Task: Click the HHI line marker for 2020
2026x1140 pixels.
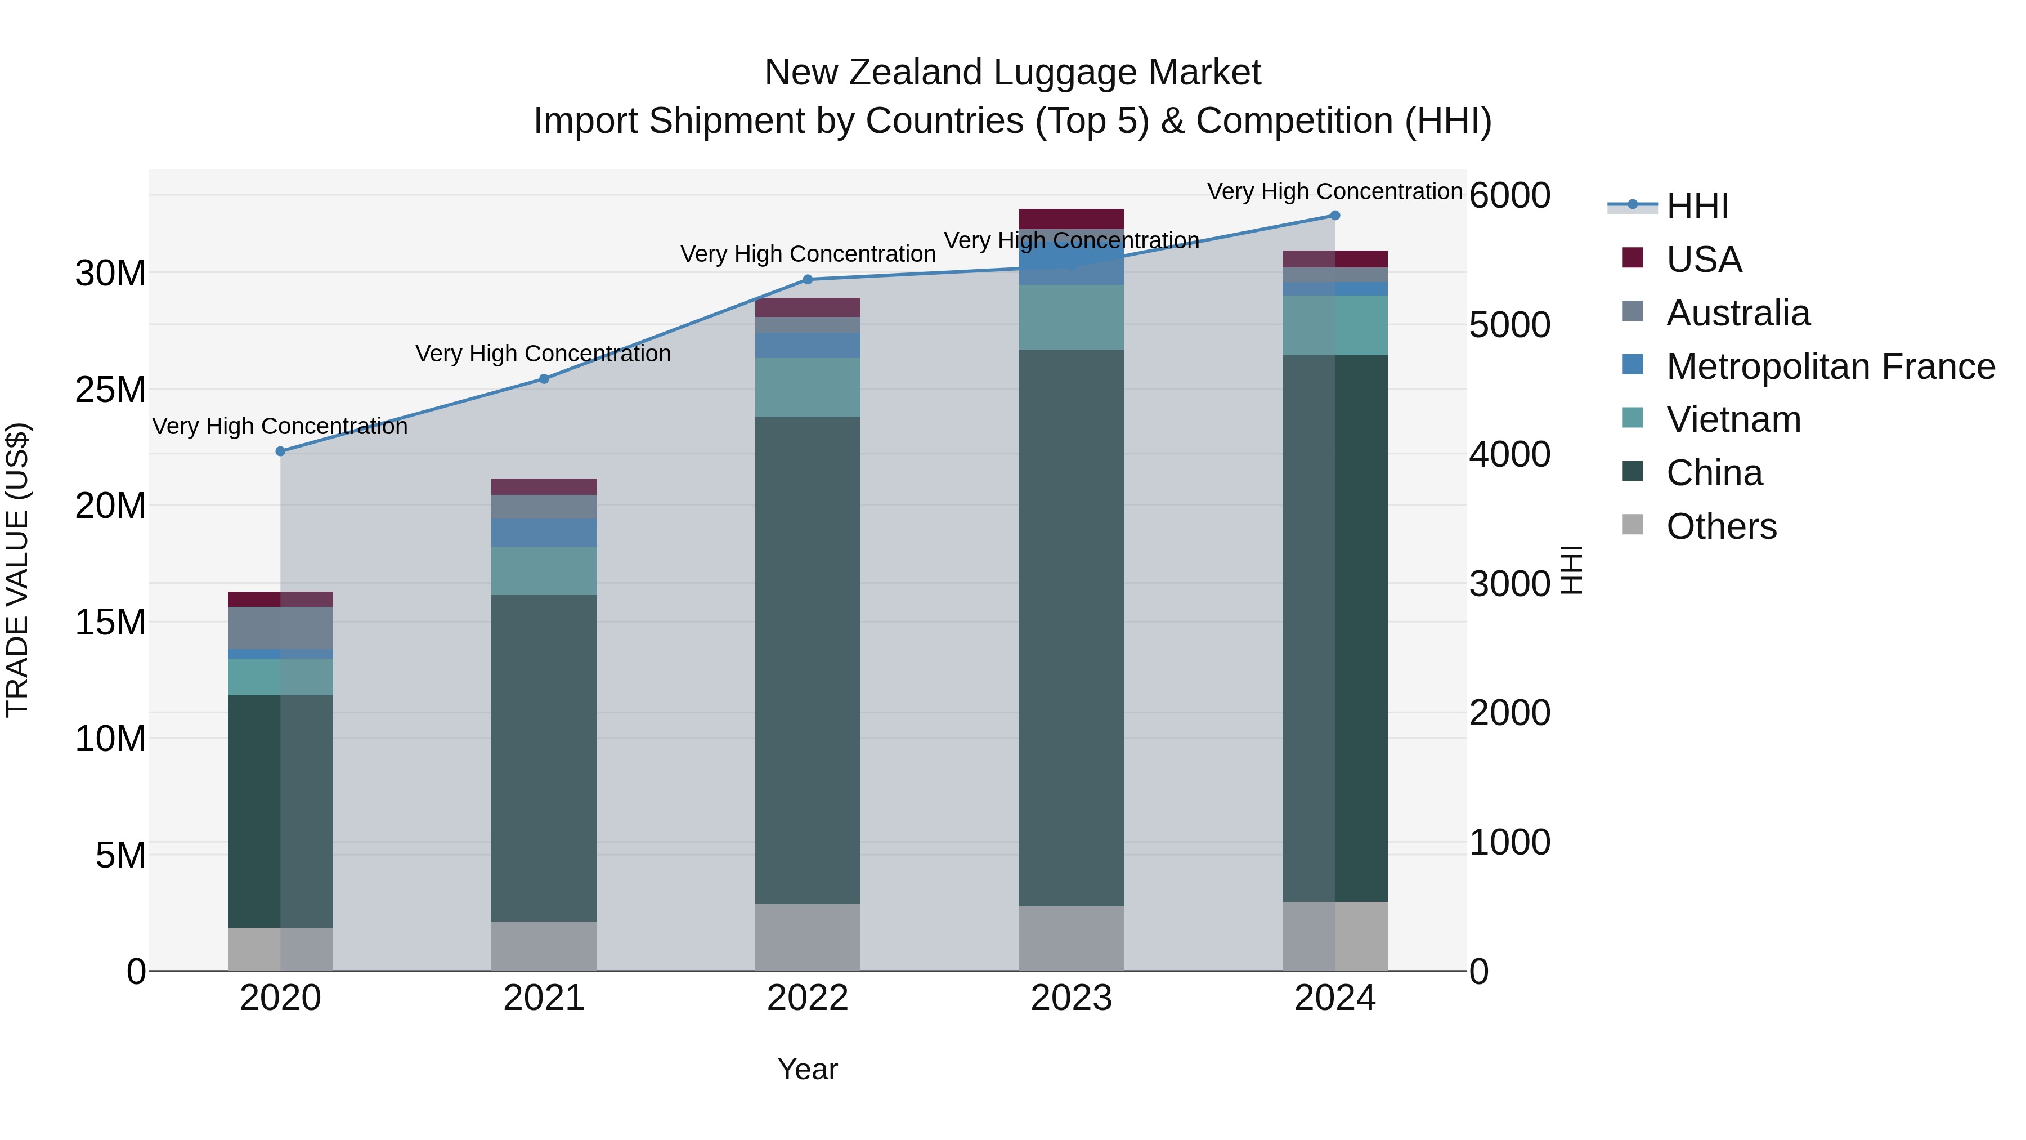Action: [280, 451]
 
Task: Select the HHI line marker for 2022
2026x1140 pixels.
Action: [807, 279]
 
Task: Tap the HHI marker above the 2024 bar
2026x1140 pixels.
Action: [1335, 216]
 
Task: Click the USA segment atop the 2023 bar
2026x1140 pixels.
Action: [1070, 219]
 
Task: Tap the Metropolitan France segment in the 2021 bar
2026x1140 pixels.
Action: [544, 533]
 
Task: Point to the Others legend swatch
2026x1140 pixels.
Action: [1632, 525]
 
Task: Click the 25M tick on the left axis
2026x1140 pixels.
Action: [110, 390]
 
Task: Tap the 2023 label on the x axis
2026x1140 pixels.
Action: [1070, 998]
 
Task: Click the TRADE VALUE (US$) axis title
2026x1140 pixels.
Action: [17, 570]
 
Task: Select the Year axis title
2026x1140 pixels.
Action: [807, 1069]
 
